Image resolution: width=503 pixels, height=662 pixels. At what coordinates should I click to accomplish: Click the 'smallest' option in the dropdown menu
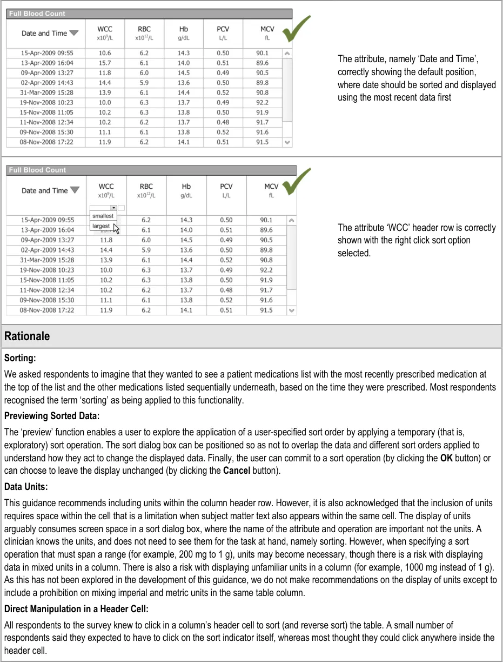[103, 216]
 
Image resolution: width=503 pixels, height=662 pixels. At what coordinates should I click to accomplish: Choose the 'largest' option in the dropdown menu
[101, 226]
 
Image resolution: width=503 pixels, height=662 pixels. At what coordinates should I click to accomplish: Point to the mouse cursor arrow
[116, 228]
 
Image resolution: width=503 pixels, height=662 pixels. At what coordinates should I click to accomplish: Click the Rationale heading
[27, 336]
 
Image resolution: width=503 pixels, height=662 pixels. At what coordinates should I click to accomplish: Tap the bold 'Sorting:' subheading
[20, 358]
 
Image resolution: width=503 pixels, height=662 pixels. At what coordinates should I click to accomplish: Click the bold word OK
[446, 458]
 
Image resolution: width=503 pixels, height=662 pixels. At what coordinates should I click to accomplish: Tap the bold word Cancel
[237, 471]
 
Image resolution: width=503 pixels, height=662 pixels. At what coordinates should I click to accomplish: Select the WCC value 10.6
[105, 53]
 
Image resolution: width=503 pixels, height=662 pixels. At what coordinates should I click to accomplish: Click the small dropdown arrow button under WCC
[113, 208]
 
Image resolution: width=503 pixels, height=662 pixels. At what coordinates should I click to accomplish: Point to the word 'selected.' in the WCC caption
[354, 253]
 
